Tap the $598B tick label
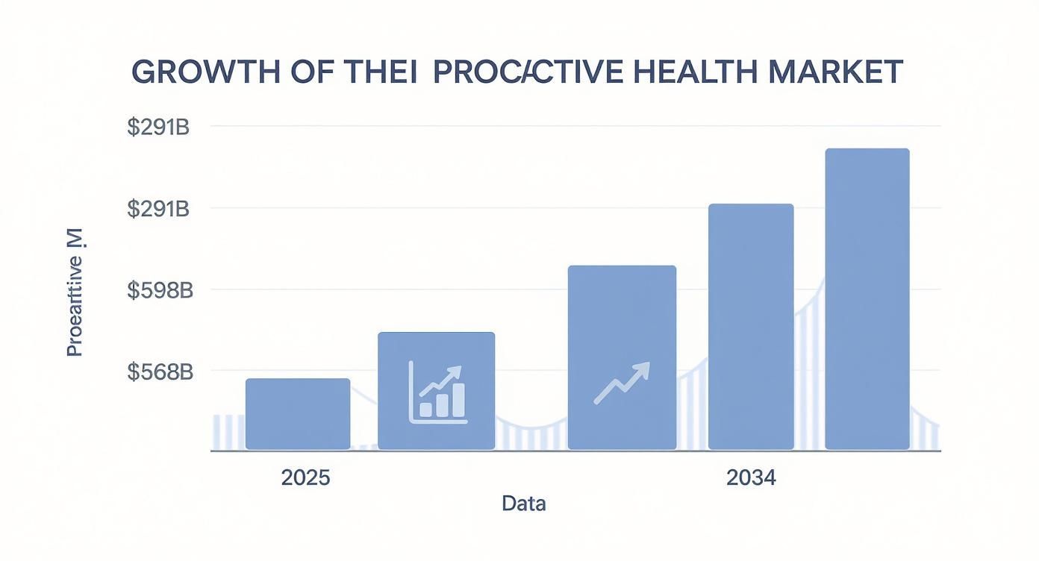(159, 290)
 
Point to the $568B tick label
(159, 372)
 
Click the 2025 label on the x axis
(305, 478)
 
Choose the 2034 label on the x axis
(751, 478)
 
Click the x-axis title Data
(523, 504)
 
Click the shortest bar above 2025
(298, 414)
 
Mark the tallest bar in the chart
(867, 298)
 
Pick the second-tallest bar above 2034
(751, 327)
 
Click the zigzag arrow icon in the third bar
(622, 383)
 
